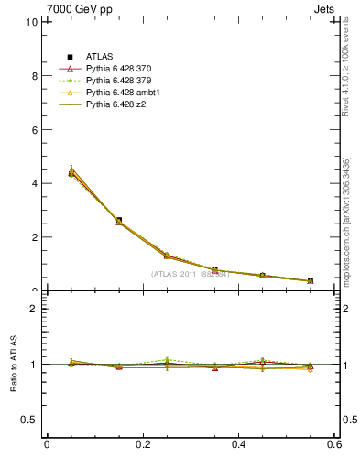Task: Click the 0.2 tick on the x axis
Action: [143, 445]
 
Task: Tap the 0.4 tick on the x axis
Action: [239, 445]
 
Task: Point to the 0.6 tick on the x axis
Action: [335, 445]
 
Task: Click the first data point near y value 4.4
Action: [71, 172]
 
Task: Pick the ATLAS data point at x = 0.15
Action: [119, 221]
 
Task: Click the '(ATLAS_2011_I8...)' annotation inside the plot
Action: [190, 274]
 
